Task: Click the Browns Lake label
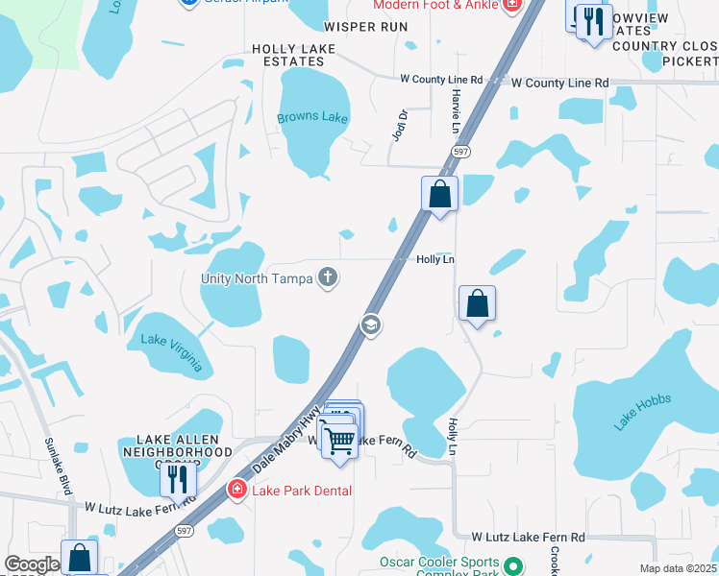(312, 118)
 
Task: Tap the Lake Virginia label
(171, 352)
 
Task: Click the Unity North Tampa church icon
(328, 278)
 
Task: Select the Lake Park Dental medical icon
(236, 491)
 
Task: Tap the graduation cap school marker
(370, 326)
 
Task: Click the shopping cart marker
(338, 441)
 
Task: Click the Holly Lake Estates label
(293, 55)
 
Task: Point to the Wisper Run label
(366, 26)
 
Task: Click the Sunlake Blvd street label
(59, 467)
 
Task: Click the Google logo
(32, 564)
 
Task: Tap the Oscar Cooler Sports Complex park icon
(514, 567)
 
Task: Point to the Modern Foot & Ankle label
(435, 5)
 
